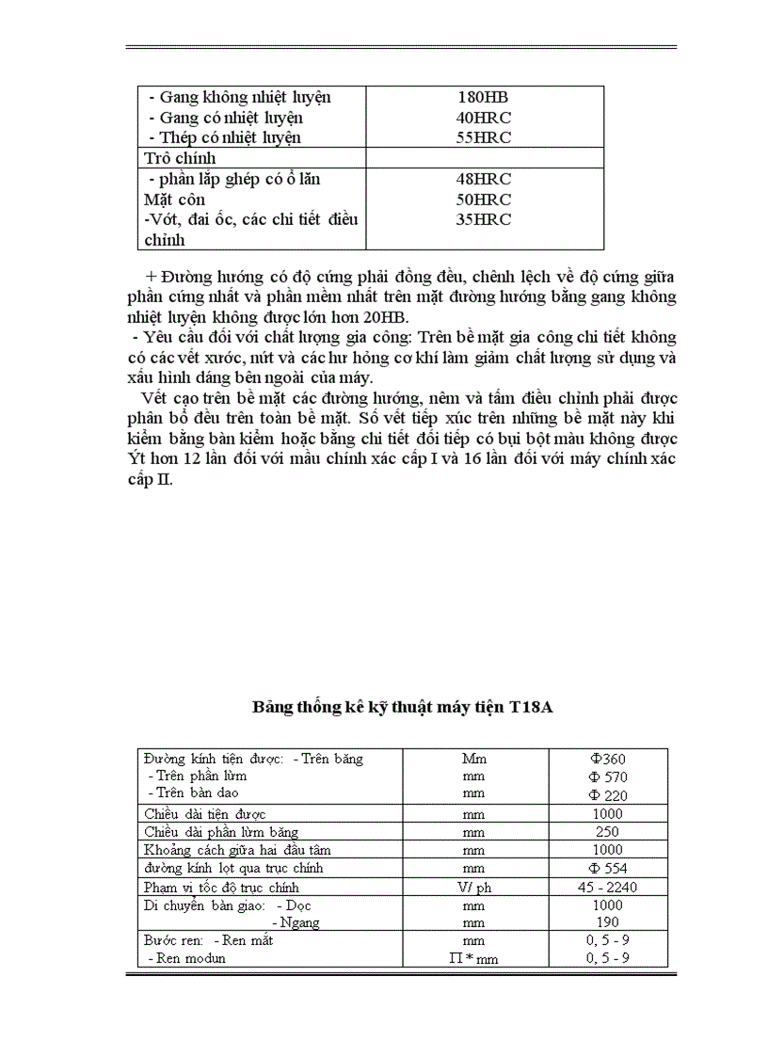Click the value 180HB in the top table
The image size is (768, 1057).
(484, 97)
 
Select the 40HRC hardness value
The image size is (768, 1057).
(484, 118)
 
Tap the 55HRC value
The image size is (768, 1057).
(484, 137)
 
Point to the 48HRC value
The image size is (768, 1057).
(484, 179)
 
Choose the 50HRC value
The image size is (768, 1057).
(484, 200)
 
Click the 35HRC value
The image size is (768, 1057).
(484, 219)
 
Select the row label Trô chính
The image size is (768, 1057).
(180, 158)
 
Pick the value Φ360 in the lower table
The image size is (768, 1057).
(608, 759)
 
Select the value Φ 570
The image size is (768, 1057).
(608, 777)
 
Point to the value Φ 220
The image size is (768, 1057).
(608, 794)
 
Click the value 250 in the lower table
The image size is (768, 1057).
(608, 832)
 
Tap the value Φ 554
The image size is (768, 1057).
(608, 868)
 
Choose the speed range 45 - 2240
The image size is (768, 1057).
(608, 887)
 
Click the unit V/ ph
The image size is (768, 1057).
(473, 887)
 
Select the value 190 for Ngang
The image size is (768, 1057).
(608, 922)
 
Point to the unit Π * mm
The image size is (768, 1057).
(473, 958)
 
